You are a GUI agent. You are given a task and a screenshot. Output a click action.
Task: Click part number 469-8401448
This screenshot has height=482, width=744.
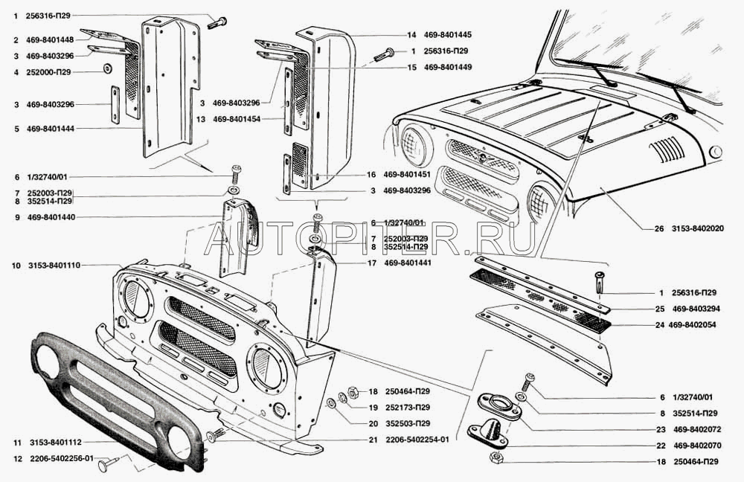50,39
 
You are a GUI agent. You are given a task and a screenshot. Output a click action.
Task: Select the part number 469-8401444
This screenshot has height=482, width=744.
50,129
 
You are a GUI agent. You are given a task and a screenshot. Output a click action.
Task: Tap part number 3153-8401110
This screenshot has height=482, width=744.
54,265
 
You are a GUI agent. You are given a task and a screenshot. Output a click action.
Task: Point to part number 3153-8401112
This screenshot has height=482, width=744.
54,442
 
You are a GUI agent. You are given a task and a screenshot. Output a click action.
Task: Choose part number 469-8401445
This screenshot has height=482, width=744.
449,35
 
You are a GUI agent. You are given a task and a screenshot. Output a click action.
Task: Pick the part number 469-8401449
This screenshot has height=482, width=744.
449,67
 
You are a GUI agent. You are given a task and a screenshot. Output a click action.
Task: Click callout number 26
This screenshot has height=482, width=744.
659,229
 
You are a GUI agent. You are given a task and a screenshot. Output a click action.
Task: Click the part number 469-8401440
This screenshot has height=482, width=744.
50,217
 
